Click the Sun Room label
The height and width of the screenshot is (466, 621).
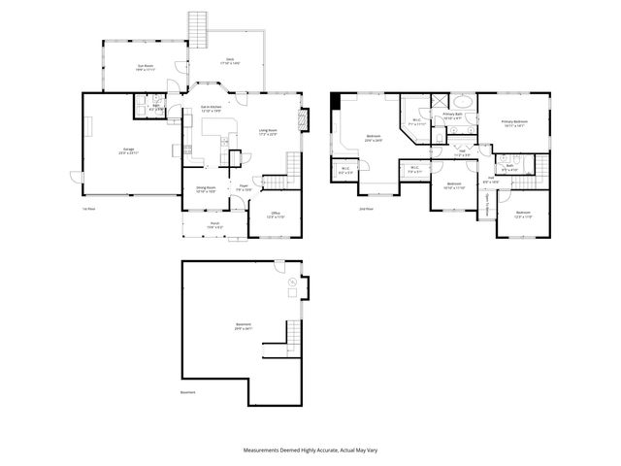click(x=146, y=67)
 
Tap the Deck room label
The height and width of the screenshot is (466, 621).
click(x=230, y=61)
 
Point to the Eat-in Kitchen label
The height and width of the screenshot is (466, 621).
click(x=211, y=108)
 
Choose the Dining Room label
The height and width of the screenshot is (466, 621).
click(x=206, y=188)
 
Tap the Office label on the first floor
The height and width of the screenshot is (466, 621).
click(x=276, y=214)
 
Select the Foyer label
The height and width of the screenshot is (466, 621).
click(x=244, y=187)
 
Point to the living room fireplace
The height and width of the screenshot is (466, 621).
click(x=304, y=117)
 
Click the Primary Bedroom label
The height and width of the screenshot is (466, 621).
click(x=513, y=122)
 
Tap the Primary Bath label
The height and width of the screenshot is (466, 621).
click(x=452, y=116)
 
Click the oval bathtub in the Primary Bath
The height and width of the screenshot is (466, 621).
click(x=463, y=101)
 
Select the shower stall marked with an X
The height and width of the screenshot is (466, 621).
click(x=438, y=101)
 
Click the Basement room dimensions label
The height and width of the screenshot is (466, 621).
click(x=243, y=328)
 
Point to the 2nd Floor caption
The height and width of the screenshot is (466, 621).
click(x=365, y=208)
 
